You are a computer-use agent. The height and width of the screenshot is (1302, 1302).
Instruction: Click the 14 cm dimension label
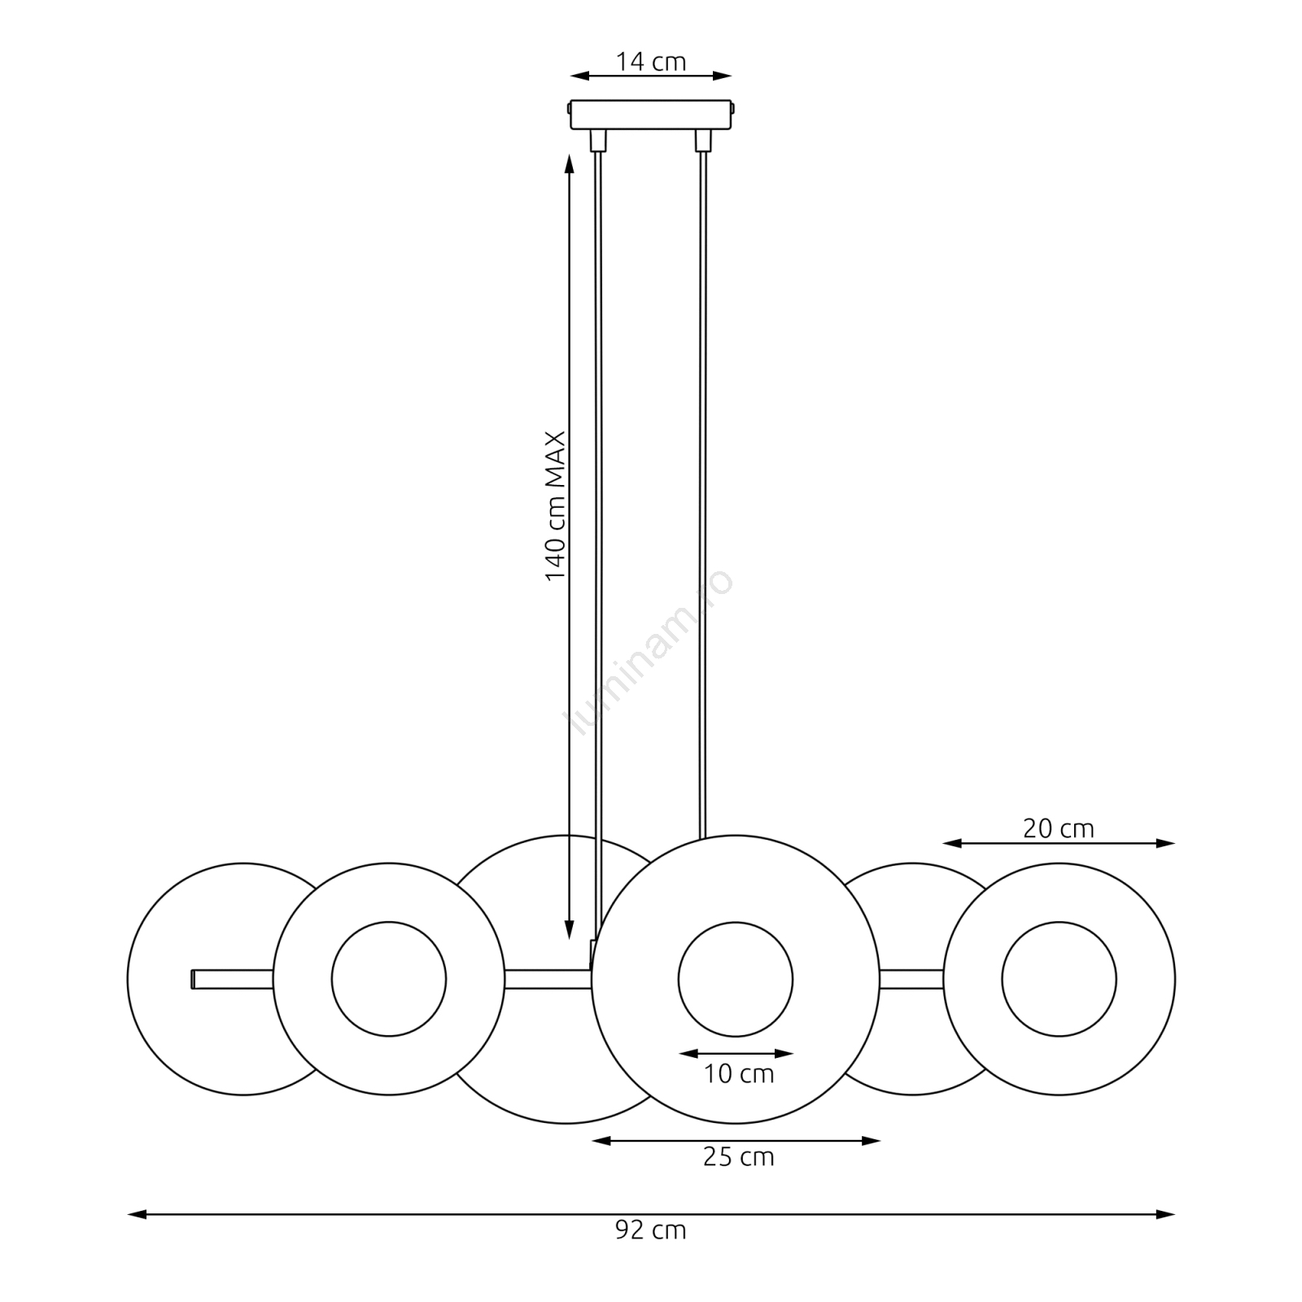click(x=651, y=62)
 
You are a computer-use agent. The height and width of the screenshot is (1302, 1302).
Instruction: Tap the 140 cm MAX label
click(x=555, y=506)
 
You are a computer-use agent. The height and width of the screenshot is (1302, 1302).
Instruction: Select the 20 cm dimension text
click(x=1058, y=828)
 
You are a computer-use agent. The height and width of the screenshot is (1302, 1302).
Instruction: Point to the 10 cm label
click(x=738, y=1073)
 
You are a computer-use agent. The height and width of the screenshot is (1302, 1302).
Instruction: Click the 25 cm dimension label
click(x=738, y=1156)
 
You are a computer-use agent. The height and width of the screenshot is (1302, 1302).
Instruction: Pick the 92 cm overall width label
click(x=651, y=1230)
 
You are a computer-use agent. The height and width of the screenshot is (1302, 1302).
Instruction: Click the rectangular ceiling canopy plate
click(x=651, y=115)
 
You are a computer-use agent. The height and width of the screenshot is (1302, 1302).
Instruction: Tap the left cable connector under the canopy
click(x=599, y=141)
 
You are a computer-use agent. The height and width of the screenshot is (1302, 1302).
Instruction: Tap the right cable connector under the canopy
click(x=702, y=141)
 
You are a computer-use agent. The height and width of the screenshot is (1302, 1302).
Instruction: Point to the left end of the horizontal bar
click(x=192, y=979)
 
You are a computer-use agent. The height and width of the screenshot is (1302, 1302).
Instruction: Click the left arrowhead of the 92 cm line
click(x=137, y=1214)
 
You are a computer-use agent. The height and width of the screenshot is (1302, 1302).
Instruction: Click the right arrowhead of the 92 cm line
click(x=1166, y=1214)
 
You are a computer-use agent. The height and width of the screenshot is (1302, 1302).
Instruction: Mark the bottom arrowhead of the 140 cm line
click(x=570, y=930)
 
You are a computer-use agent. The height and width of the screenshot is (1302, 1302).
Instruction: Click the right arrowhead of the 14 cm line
click(x=723, y=76)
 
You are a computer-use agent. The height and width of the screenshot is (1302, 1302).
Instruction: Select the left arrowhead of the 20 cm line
click(x=952, y=843)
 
